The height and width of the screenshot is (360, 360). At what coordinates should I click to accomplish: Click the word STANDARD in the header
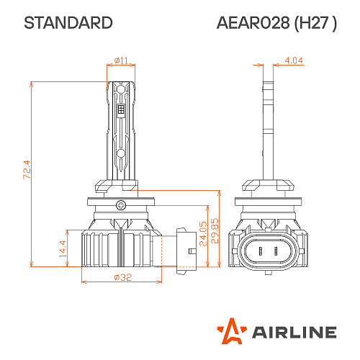(x=68, y=23)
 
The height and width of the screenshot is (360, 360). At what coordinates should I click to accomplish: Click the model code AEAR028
(x=253, y=23)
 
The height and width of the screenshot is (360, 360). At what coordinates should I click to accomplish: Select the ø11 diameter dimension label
(x=121, y=60)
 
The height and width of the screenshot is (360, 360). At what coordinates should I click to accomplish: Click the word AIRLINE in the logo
(x=293, y=332)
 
